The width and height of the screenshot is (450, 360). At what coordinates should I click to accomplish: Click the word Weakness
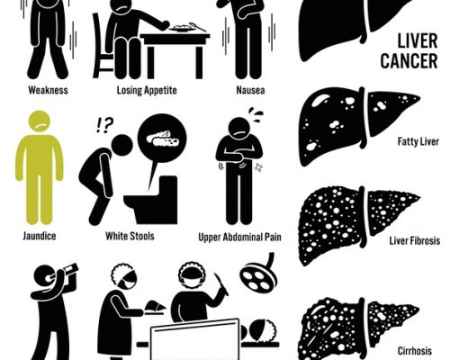pyautogui.click(x=48, y=90)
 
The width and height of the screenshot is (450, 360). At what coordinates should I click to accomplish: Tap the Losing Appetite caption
pyautogui.click(x=147, y=90)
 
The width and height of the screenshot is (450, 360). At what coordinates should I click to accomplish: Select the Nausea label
pyautogui.click(x=250, y=90)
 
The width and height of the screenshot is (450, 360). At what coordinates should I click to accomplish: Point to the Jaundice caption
pyautogui.click(x=40, y=236)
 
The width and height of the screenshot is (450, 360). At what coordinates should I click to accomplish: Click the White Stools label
pyautogui.click(x=130, y=236)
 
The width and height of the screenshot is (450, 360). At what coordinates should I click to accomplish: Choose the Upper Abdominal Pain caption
pyautogui.click(x=240, y=237)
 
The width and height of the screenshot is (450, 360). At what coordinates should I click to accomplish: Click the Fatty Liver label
pyautogui.click(x=418, y=141)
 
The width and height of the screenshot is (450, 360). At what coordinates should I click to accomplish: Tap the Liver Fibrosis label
pyautogui.click(x=415, y=240)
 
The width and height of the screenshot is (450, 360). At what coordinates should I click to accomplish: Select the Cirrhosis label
pyautogui.click(x=415, y=351)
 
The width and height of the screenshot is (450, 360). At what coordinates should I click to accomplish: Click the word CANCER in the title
pyautogui.click(x=409, y=60)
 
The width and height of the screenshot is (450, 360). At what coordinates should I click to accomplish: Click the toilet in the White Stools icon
pyautogui.click(x=151, y=200)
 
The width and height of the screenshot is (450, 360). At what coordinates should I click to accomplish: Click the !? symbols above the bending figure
pyautogui.click(x=104, y=126)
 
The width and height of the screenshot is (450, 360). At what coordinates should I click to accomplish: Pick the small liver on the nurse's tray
pyautogui.click(x=155, y=307)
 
